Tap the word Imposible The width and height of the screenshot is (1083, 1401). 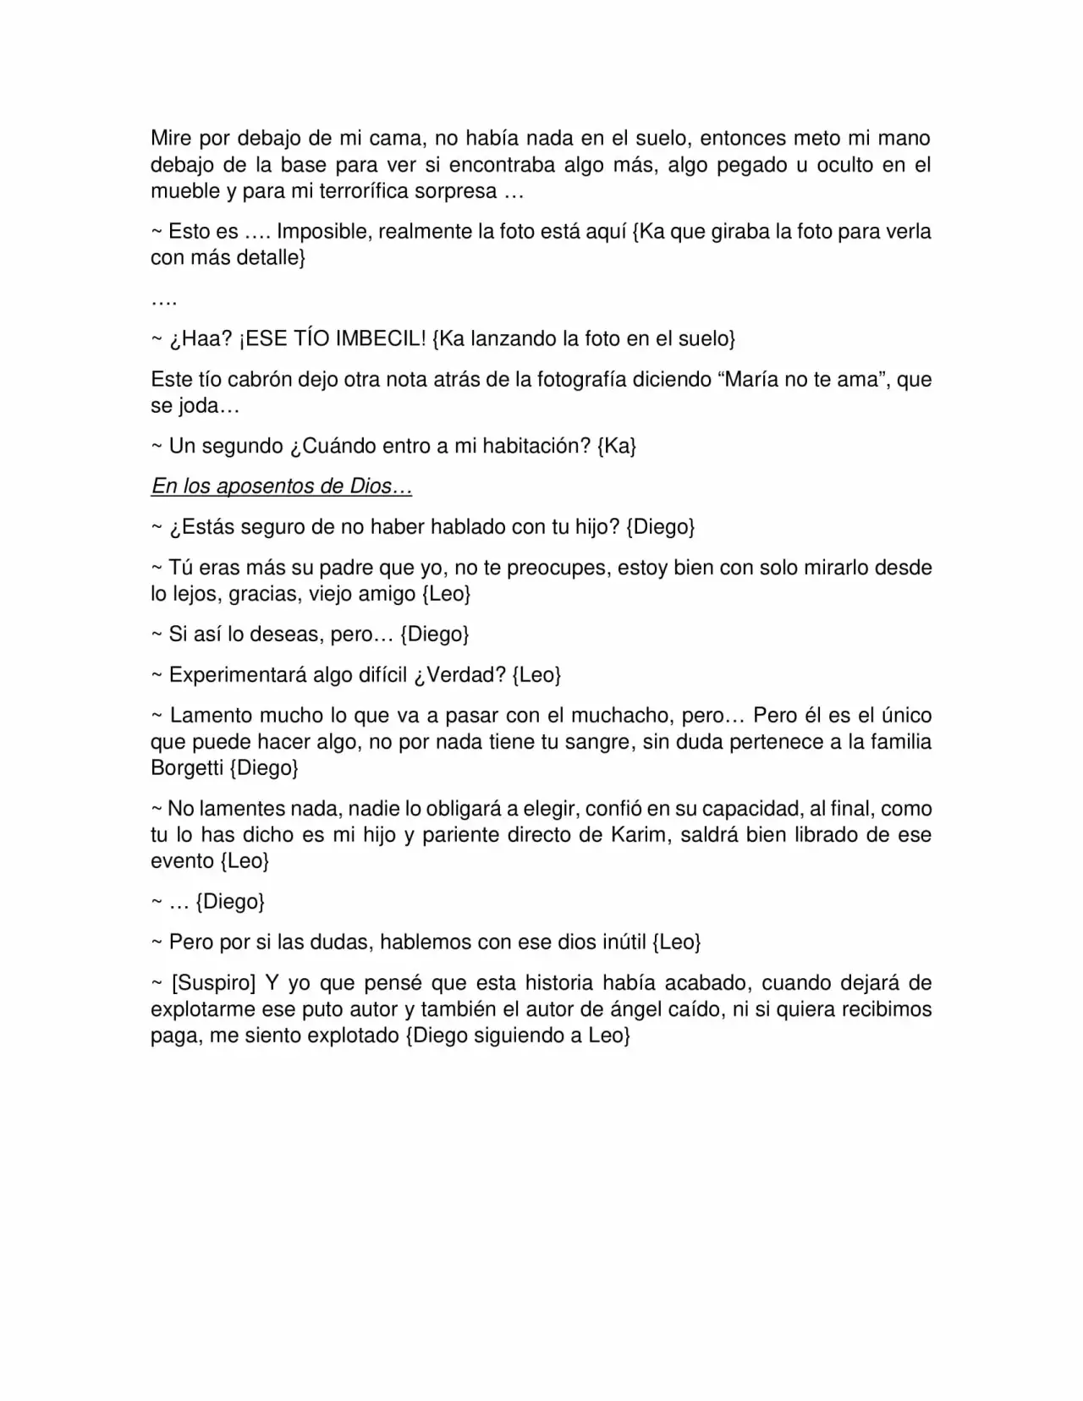pyautogui.click(x=322, y=232)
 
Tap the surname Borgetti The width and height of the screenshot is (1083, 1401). pyautogui.click(x=187, y=768)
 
